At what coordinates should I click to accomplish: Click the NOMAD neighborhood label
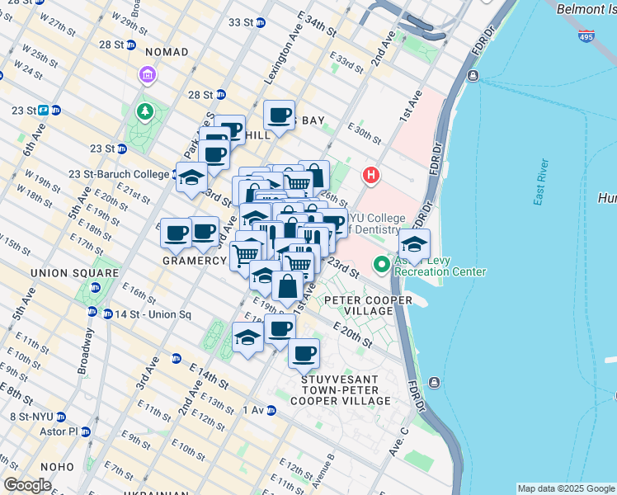166,52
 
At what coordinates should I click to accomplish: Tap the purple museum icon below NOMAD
148,76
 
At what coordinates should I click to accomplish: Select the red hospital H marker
371,176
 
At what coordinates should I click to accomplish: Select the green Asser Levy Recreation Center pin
381,265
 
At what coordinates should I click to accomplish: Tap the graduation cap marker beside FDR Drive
414,244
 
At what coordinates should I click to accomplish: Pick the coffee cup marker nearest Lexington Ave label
280,115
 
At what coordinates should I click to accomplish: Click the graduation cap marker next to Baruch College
191,178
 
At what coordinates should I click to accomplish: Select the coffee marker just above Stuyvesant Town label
304,353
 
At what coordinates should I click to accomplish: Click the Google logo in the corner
27,484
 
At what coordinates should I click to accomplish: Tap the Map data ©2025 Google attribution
566,488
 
